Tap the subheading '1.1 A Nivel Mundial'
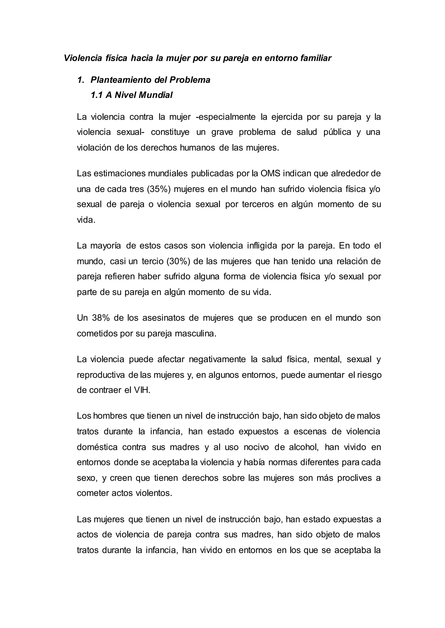click(x=131, y=95)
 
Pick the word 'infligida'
click(x=262, y=246)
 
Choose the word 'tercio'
click(x=152, y=261)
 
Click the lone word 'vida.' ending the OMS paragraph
click(x=86, y=220)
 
